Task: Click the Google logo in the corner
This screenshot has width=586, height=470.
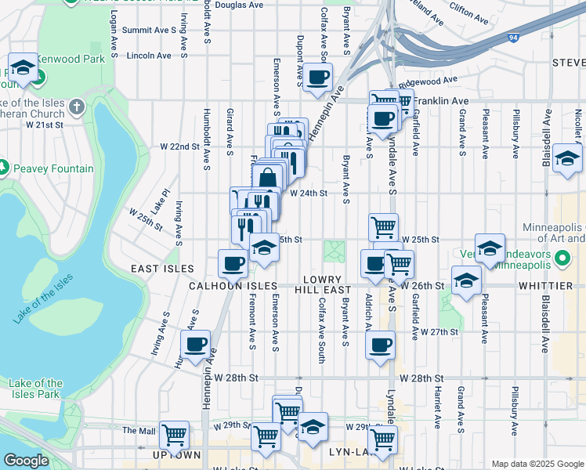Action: (x=26, y=461)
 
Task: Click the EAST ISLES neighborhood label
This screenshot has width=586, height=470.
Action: (x=162, y=269)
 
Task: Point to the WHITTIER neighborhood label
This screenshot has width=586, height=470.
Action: (x=545, y=286)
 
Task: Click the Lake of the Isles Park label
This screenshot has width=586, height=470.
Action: (x=35, y=389)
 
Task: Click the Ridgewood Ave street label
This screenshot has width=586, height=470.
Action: (x=428, y=80)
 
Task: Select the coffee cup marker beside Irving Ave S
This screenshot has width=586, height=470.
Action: (x=195, y=343)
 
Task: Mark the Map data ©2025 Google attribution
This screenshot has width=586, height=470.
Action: (x=537, y=464)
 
